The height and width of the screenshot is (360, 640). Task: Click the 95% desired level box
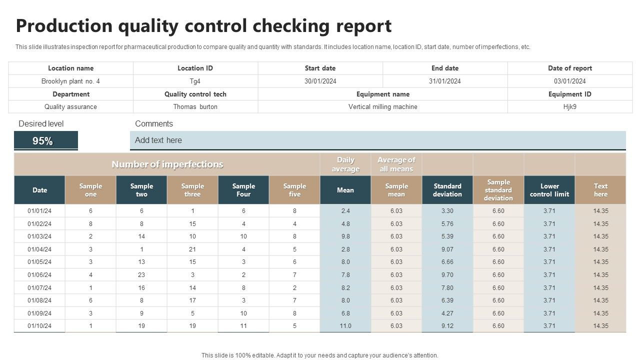pos(45,141)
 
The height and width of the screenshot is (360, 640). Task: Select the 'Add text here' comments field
pos(377,140)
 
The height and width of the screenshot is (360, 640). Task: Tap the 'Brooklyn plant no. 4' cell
pos(70,81)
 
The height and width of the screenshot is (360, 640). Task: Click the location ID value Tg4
pos(195,81)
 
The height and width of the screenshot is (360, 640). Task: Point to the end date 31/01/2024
pos(444,81)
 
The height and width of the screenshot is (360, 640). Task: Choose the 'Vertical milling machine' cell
pos(382,106)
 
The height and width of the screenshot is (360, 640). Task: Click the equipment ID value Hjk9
pos(569,106)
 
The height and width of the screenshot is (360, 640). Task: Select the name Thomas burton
pos(195,106)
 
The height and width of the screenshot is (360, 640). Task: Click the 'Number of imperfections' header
pos(167,164)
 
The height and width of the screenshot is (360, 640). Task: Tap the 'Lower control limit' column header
pos(549,190)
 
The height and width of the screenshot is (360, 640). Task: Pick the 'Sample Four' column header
pos(243,190)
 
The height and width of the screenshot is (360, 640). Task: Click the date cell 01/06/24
pos(39,275)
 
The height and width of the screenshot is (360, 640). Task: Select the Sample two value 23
pos(141,275)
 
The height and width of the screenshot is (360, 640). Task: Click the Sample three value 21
pos(192,249)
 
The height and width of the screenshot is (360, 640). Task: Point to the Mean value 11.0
pos(345,326)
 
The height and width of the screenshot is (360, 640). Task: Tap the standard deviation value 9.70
pos(447,275)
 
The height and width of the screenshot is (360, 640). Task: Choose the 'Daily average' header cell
pos(345,164)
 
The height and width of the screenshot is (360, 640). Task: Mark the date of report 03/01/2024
pos(569,81)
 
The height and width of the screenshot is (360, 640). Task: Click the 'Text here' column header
pos(600,190)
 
